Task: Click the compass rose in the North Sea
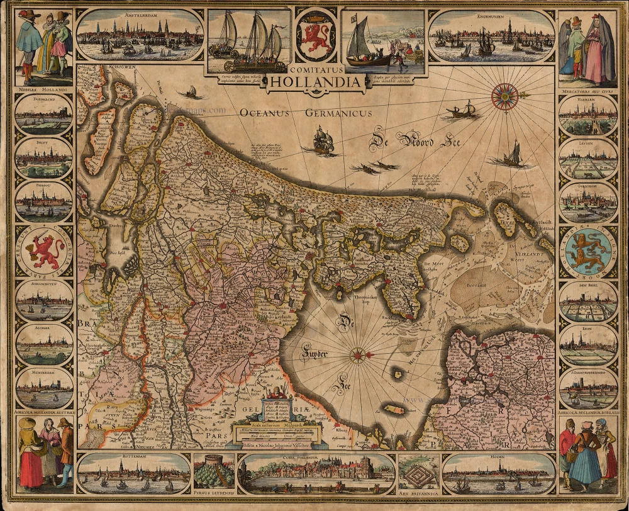coord(504,96)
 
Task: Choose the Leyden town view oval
coord(588,157)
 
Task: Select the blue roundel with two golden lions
coord(587,250)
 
